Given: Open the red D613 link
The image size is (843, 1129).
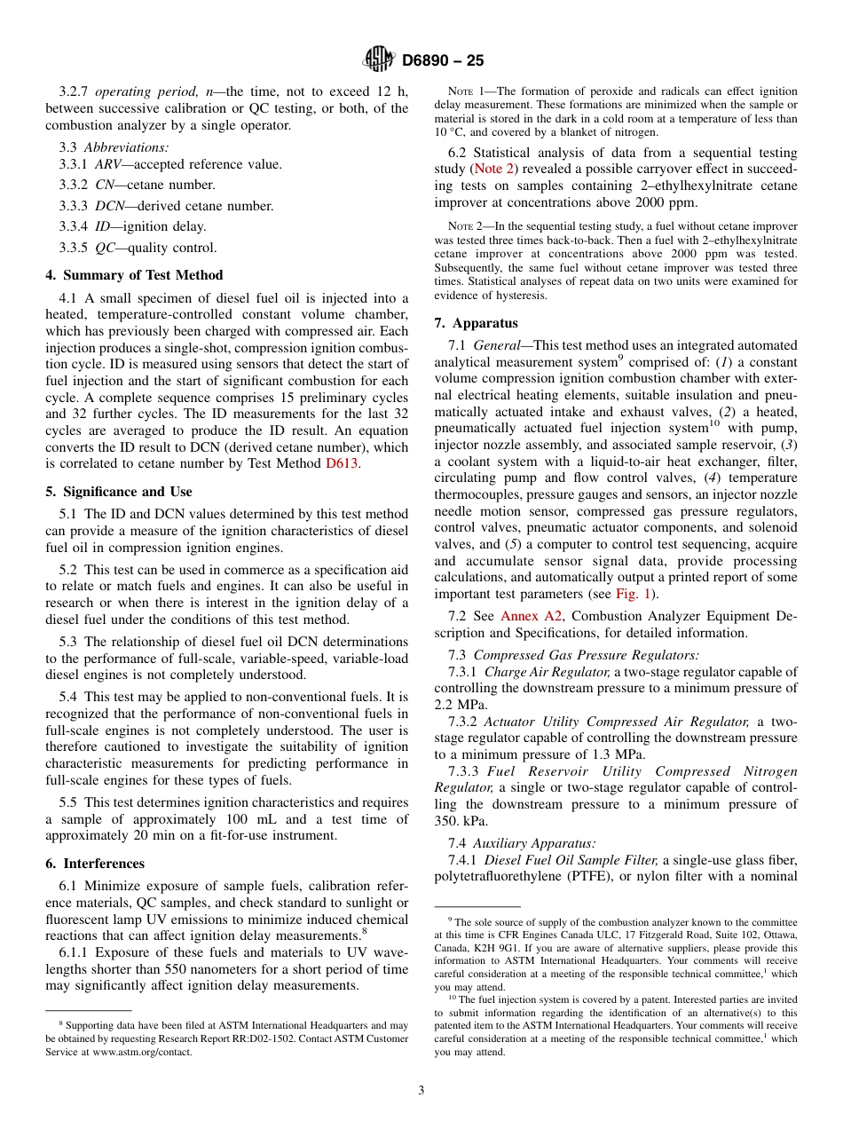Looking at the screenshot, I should pos(343,464).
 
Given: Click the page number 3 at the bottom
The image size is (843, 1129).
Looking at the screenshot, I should pos(421,1091).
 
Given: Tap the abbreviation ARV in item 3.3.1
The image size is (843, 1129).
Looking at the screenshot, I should pos(109,164).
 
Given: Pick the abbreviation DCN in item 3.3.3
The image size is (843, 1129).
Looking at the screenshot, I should pos(110,206).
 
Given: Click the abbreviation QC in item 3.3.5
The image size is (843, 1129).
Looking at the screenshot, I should pos(105,248).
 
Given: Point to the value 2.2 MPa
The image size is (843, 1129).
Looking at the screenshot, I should pos(457,704).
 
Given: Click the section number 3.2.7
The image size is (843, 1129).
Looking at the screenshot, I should pos(75,92).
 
